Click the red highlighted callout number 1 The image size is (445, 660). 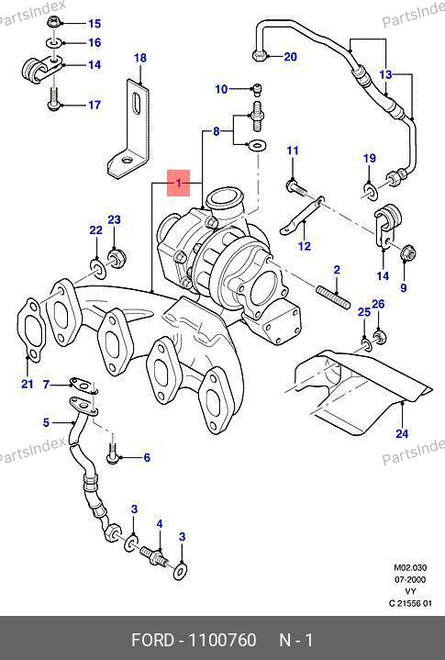pyautogui.click(x=179, y=183)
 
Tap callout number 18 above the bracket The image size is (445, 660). pyautogui.click(x=140, y=58)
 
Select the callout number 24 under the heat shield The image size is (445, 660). pyautogui.click(x=402, y=433)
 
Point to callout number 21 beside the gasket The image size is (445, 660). pyautogui.click(x=28, y=384)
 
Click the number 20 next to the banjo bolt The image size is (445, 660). pyautogui.click(x=290, y=56)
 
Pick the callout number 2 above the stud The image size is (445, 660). pyautogui.click(x=337, y=270)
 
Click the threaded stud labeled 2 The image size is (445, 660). pyautogui.click(x=333, y=296)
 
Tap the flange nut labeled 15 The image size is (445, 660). pyautogui.click(x=54, y=21)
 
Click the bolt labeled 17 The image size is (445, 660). pyautogui.click(x=54, y=99)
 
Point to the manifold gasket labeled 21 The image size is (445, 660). pyautogui.click(x=29, y=330)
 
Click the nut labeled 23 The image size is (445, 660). pyautogui.click(x=117, y=257)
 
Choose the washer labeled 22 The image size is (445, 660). pyautogui.click(x=98, y=269)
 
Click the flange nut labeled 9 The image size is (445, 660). pyautogui.click(x=407, y=253)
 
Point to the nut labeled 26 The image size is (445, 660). pyautogui.click(x=380, y=336)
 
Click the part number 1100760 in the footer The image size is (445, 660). pyautogui.click(x=222, y=640)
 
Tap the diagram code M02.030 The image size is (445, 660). pyautogui.click(x=410, y=567)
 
